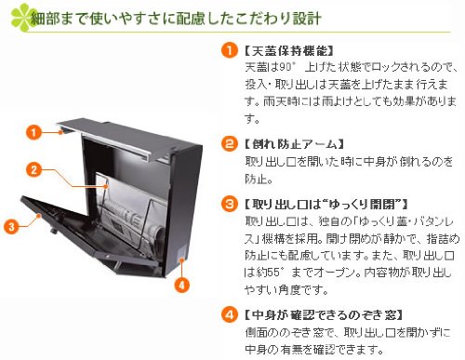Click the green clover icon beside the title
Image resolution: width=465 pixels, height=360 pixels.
coord(22,18)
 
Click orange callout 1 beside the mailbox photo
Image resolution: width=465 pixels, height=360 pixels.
coord(33,132)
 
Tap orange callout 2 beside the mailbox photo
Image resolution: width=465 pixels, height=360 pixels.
coord(33,169)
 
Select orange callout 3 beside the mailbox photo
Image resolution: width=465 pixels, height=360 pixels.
coord(11,226)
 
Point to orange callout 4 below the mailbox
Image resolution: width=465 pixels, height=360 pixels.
coord(182,285)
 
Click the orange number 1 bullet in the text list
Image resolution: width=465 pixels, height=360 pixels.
coord(229,50)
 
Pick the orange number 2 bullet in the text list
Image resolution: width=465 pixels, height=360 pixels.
coord(229,143)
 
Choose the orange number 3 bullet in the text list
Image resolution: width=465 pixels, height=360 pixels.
coord(229,204)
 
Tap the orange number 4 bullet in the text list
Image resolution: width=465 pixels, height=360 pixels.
coord(229,314)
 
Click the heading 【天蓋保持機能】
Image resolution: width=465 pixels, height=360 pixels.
coord(288,50)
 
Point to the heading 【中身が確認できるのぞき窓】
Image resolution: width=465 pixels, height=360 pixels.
coord(324,315)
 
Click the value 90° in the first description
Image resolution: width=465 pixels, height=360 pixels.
coord(286,67)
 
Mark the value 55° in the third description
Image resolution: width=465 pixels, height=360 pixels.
coord(272,273)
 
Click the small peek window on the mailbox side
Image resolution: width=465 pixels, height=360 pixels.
coord(182,252)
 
